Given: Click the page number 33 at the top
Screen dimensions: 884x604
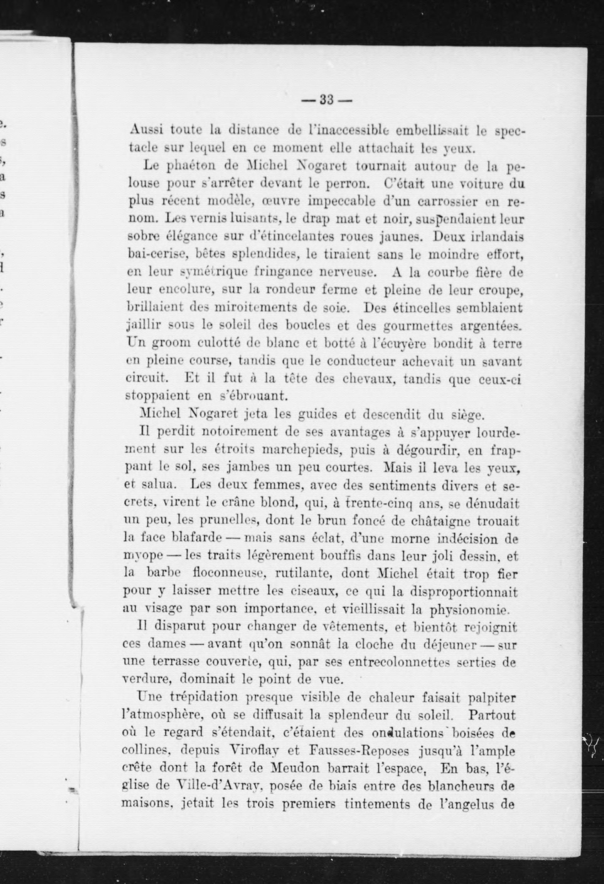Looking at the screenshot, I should click(327, 100).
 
